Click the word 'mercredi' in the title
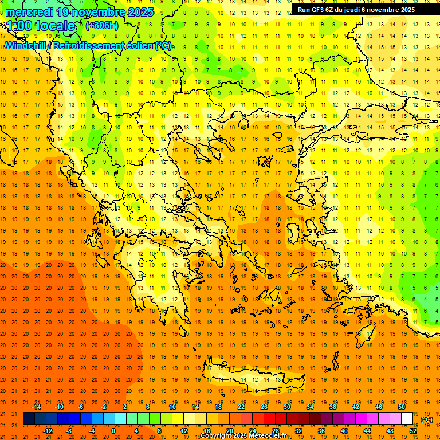pyautogui.click(x=30, y=12)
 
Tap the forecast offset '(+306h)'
pyautogui.click(x=103, y=26)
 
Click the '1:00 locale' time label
pyautogui.click(x=41, y=26)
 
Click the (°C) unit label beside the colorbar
pyautogui.click(x=427, y=419)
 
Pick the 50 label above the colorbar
pyautogui.click(x=402, y=407)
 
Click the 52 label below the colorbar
pyautogui.click(x=413, y=431)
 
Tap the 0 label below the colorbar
pyautogui.click(x=113, y=431)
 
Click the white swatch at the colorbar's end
pyautogui.click(x=407, y=419)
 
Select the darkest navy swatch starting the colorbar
pyautogui.click(x=29, y=419)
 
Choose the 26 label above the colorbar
pyautogui.click(x=264, y=407)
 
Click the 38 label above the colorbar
pyautogui.click(x=333, y=407)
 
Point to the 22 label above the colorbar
pyautogui.click(x=241, y=407)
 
